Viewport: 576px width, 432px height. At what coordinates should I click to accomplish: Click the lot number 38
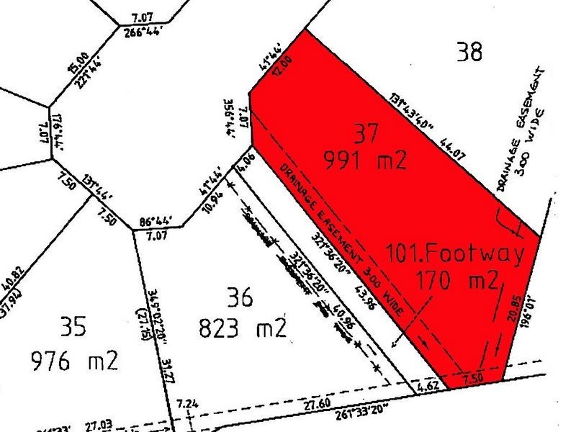pos(469,52)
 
